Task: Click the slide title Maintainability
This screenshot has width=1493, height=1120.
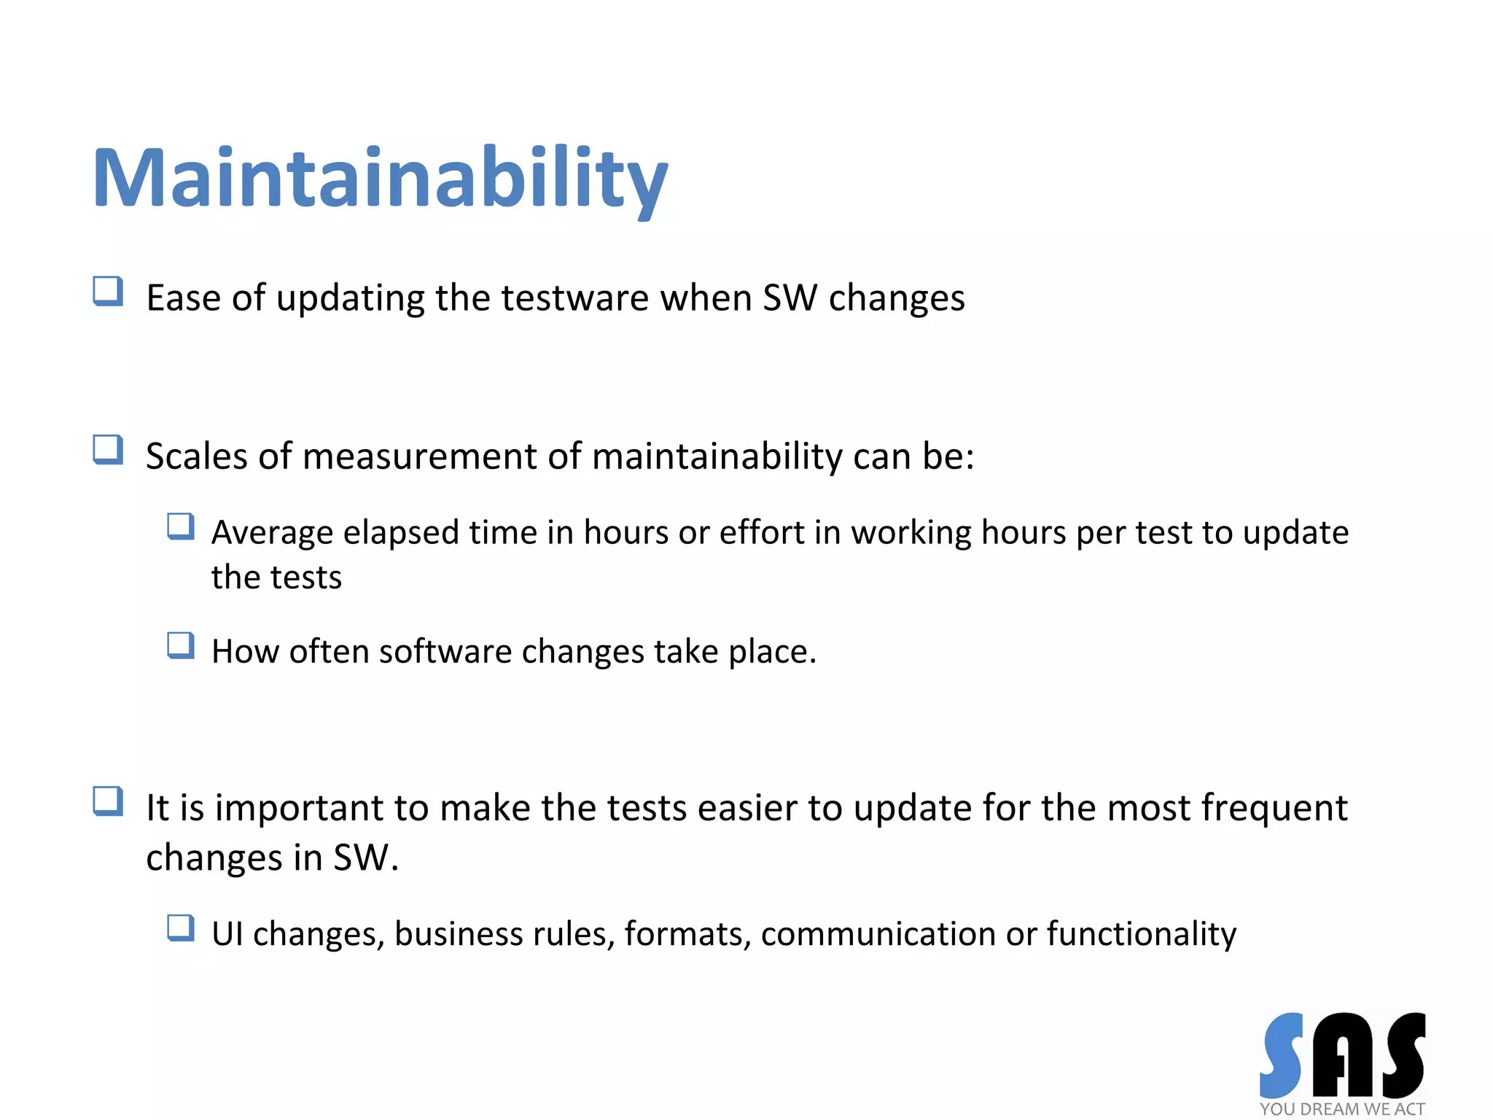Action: click(380, 179)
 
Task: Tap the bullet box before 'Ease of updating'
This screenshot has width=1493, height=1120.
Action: click(108, 291)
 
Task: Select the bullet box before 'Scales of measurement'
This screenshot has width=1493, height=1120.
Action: click(108, 449)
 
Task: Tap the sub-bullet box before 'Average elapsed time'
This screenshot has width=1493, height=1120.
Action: click(181, 526)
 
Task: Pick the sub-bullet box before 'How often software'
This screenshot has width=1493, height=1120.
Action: click(181, 645)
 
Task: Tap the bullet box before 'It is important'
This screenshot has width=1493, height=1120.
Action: click(108, 801)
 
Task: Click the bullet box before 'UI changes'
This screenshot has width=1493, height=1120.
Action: click(181, 927)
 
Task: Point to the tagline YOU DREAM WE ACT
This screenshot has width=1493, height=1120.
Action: click(1342, 1109)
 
